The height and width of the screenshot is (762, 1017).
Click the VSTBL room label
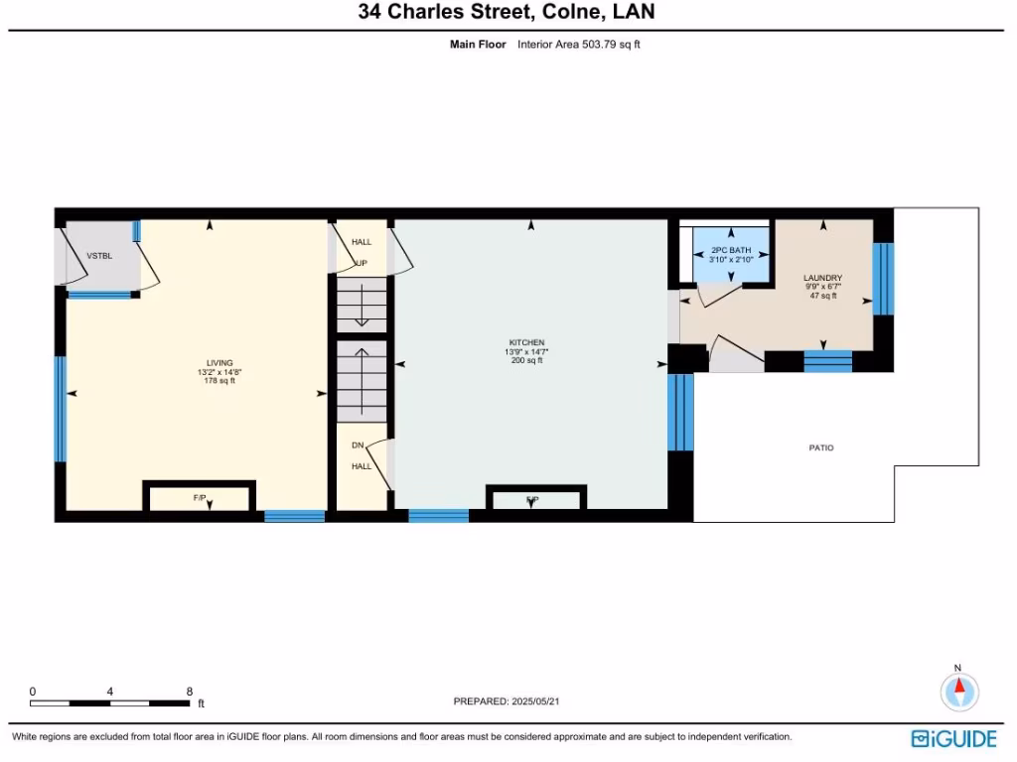pos(99,256)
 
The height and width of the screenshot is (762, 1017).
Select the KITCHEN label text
pos(526,343)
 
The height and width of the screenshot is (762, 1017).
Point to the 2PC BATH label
pos(731,250)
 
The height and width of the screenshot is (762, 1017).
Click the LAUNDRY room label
pos(823,278)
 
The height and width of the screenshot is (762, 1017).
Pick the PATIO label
pos(821,448)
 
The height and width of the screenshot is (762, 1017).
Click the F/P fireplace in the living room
pos(201,497)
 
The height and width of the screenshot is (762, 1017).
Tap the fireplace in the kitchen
pos(535,498)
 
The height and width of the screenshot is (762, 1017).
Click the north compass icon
pos(959,691)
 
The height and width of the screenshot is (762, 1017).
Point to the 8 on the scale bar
pos(189,692)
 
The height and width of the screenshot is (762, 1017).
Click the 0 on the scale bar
pos(33,692)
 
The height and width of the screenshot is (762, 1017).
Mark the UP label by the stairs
pos(362,264)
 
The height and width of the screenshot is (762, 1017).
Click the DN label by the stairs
pos(359,444)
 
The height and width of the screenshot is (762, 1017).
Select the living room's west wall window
pos(61,409)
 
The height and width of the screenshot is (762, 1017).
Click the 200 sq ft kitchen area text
pos(526,361)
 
